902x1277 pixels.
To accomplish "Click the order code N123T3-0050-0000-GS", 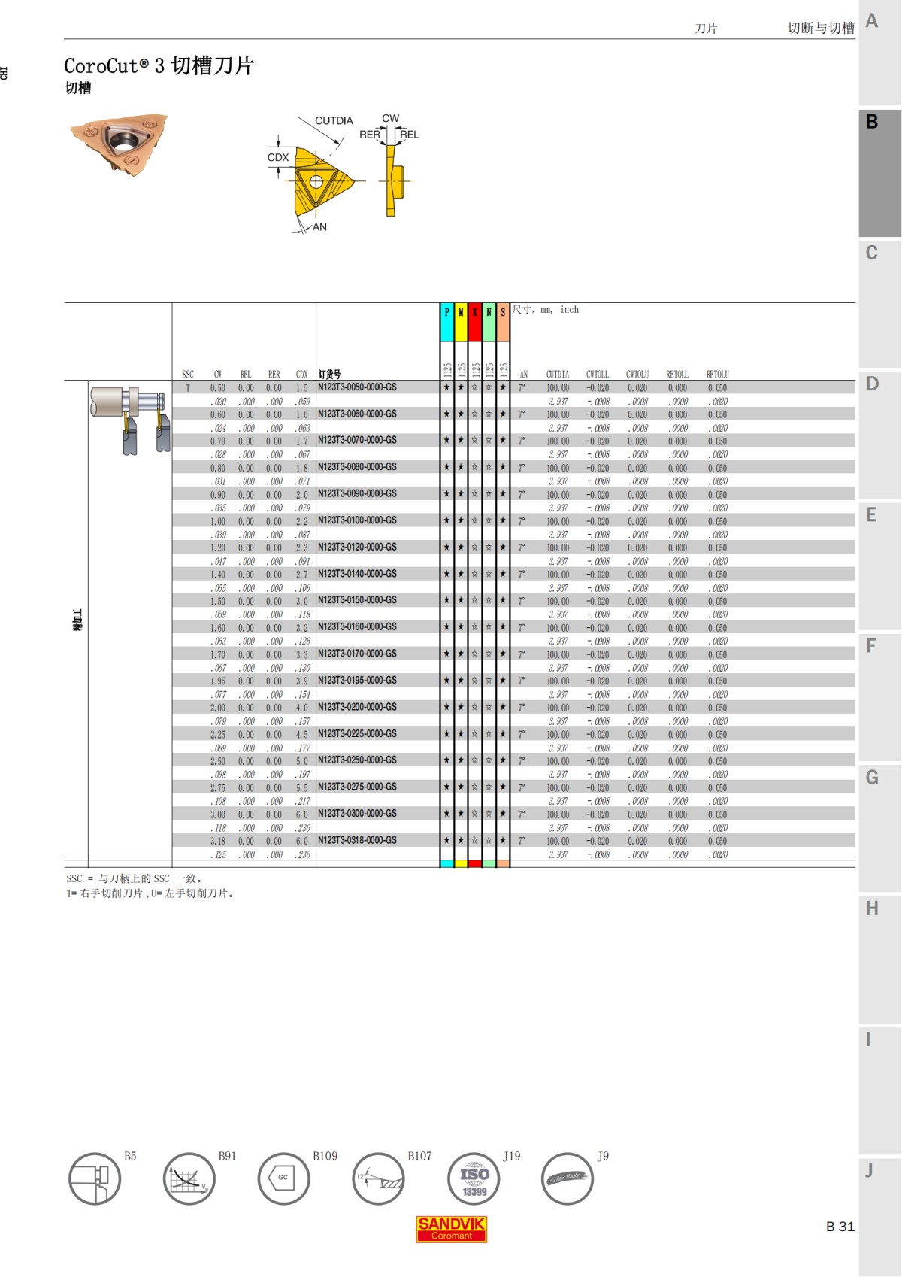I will point(357,387).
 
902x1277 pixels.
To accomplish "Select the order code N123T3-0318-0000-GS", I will point(357,840).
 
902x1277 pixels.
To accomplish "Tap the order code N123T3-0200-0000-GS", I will point(357,707).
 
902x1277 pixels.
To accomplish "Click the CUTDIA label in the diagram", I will point(334,120).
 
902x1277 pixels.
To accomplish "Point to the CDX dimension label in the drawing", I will point(278,157).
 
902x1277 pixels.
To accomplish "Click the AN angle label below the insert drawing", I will point(319,227).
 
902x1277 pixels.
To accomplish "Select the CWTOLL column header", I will point(598,374).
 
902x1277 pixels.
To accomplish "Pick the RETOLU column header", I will point(717,374).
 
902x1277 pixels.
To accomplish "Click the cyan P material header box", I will point(446,322).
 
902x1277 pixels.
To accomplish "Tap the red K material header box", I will point(474,322).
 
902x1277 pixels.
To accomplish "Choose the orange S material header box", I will point(503,322).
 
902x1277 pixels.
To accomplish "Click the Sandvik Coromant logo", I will point(451,1228).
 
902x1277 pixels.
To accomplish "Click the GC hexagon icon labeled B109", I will point(283,1178).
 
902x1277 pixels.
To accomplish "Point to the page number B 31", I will point(840,1226).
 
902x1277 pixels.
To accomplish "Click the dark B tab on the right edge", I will point(879,173).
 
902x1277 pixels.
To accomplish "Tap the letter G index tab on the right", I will point(872,778).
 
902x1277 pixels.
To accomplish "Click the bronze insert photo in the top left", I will point(120,142).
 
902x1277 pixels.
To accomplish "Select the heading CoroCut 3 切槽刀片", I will point(159,66).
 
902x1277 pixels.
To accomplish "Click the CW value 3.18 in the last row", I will point(218,841).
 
